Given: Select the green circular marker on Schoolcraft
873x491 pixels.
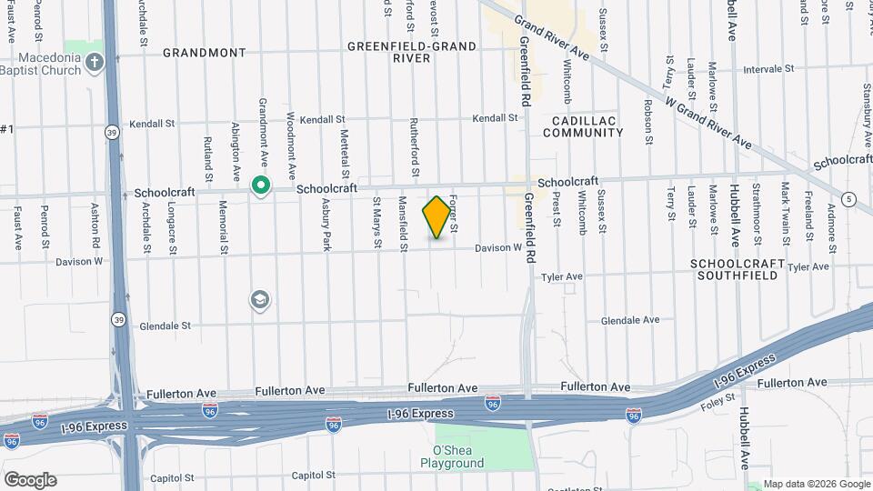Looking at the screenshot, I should [260, 186].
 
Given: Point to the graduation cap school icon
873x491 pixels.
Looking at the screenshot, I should [260, 300].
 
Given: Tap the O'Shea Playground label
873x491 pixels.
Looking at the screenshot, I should [452, 456].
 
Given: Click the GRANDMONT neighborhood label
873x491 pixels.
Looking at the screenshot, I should [204, 53].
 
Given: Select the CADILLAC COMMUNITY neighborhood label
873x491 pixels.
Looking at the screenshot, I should [583, 126].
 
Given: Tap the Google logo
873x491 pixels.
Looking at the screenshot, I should [29, 480].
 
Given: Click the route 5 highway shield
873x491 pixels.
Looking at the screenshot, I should [848, 199].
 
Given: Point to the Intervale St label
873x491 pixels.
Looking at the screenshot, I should [768, 68].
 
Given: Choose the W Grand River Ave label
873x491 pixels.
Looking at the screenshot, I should [707, 125].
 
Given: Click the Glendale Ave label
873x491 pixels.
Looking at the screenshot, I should [630, 320].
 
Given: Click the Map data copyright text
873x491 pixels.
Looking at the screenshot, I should [816, 484].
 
